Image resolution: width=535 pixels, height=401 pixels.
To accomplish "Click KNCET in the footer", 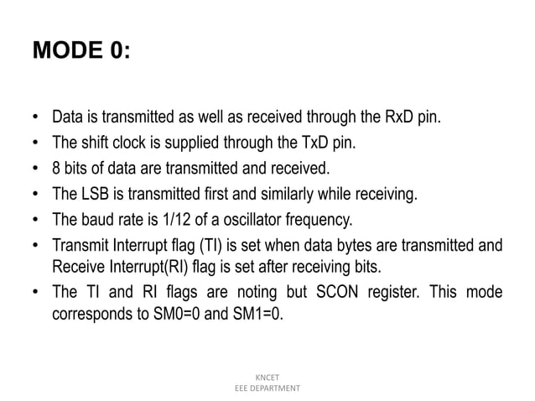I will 267,378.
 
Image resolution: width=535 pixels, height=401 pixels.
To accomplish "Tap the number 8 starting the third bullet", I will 56,169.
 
